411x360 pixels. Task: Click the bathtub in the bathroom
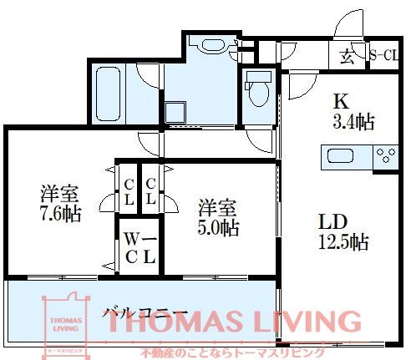point(109,94)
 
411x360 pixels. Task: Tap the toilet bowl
point(259,94)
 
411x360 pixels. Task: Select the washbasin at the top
point(213,45)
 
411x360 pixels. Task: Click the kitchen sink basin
point(340,155)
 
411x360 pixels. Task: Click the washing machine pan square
point(175,112)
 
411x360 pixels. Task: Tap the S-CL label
point(383,55)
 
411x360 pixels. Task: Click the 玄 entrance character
point(348,58)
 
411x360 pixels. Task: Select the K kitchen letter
point(342,101)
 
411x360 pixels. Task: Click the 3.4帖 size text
point(353,122)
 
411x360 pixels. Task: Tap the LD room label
point(333,221)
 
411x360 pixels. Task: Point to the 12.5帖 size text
point(343,241)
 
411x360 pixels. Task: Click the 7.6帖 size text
point(61,214)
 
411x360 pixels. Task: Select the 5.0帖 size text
point(218,228)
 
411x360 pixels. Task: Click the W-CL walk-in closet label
point(140,247)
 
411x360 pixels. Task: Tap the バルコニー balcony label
point(144,315)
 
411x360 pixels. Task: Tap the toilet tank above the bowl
point(259,77)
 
